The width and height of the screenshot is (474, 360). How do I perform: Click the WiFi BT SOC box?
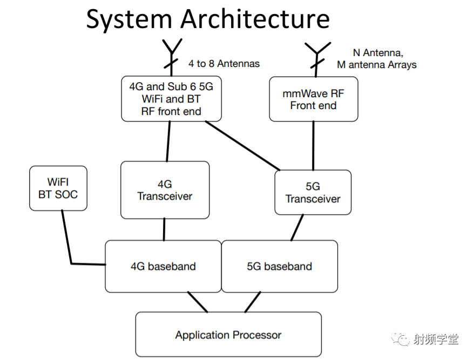[58, 188]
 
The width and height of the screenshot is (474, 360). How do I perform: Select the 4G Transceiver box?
[165, 190]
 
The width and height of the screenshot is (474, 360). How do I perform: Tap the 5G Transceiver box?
[313, 192]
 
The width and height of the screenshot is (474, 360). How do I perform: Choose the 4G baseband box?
[163, 266]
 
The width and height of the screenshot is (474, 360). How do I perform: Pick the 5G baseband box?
[280, 266]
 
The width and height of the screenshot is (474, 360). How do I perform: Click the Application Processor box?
[228, 334]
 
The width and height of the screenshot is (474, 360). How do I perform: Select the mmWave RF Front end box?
[314, 99]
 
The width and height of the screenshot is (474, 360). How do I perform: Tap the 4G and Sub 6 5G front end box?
[171, 99]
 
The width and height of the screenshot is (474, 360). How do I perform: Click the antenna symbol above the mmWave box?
[317, 59]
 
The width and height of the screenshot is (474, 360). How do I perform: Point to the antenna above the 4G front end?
[172, 57]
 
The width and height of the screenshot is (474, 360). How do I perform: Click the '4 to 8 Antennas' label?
[224, 64]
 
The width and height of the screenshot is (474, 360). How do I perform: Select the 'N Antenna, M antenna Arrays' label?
[377, 59]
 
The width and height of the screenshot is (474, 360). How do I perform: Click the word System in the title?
[129, 19]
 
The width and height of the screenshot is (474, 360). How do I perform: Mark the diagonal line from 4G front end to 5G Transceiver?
[242, 146]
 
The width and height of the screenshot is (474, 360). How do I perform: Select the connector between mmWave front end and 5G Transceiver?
[313, 146]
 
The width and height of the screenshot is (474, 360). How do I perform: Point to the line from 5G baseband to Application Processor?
[253, 302]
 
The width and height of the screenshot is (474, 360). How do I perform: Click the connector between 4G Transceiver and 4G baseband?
[164, 229]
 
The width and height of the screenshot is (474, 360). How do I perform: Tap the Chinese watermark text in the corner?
[436, 339]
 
